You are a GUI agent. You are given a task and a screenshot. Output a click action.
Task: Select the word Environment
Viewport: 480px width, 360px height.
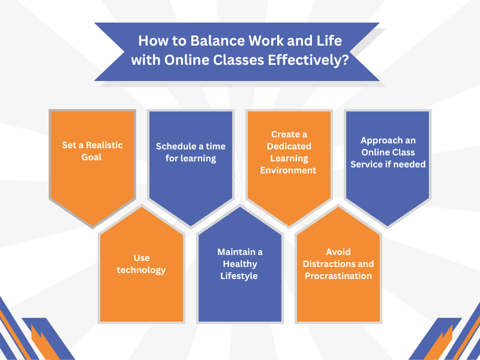coord(290,170)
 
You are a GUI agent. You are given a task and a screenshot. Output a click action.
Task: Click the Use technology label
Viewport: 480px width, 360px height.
coord(142,264)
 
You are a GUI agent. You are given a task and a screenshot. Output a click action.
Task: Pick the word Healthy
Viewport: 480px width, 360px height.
coord(239,264)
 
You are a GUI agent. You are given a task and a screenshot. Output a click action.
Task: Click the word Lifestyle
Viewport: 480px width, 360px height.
coord(239,276)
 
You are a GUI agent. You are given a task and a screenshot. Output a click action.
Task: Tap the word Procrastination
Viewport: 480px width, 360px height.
coord(338,276)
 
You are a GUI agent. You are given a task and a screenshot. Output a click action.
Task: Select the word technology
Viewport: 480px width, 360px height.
coord(142,270)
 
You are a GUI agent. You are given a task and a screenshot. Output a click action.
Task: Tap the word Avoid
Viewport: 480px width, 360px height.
coord(338,252)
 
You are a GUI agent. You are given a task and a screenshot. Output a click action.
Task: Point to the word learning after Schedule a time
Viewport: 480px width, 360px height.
coord(198,158)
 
